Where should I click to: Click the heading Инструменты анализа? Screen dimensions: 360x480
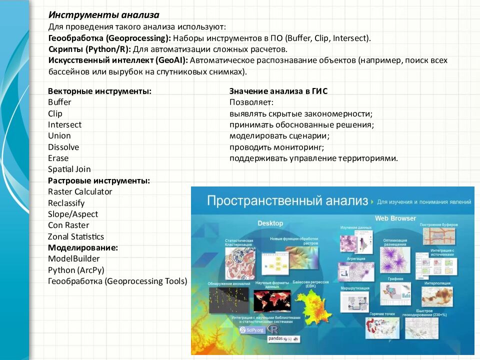tap(103, 15)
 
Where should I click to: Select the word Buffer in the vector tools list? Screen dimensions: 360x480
tap(59, 102)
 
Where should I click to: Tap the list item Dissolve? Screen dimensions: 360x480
tap(63, 147)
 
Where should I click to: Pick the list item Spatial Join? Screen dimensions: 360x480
tap(69, 169)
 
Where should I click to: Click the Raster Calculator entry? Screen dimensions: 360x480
tap(80, 191)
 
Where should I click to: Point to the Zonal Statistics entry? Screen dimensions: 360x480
tap(76, 236)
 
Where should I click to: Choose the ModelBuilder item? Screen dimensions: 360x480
tap(74, 258)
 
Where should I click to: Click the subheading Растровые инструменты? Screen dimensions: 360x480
tap(99, 180)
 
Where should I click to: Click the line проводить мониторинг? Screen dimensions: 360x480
tap(277, 147)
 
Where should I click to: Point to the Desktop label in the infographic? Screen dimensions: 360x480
tap(270, 223)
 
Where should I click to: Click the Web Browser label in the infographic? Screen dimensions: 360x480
tap(395, 218)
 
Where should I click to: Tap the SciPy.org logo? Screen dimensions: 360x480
tap(251, 330)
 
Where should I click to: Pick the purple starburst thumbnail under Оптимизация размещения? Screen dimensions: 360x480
tap(394, 260)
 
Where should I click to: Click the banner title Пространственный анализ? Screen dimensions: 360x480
tap(287, 201)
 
